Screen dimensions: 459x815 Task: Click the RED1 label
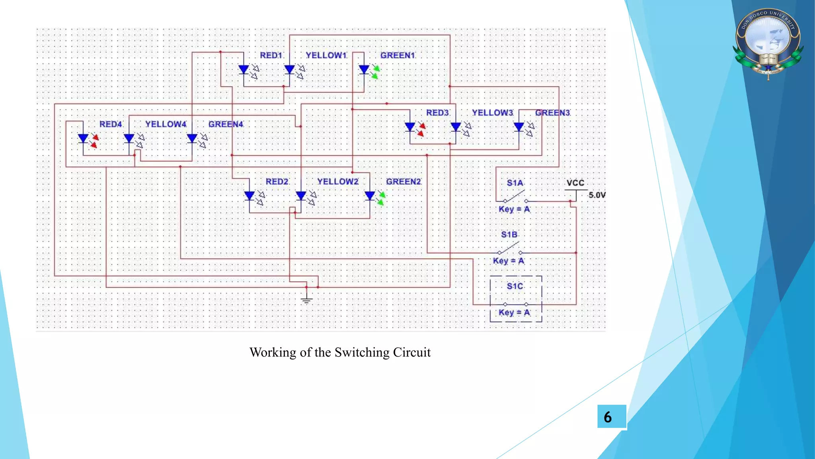point(271,55)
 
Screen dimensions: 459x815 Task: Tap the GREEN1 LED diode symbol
point(364,70)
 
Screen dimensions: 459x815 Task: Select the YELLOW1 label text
point(326,55)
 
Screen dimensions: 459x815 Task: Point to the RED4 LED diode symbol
point(83,139)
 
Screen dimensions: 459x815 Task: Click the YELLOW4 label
point(166,124)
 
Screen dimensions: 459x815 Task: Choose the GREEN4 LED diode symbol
point(192,138)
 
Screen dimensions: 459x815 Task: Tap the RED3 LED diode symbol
point(410,127)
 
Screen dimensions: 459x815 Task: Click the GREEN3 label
point(553,113)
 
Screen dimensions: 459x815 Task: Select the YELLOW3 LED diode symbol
point(456,127)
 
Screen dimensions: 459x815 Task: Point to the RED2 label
point(277,182)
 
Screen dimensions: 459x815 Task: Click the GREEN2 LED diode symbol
point(370,196)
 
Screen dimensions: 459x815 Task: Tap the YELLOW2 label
point(337,182)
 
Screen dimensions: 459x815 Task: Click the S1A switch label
point(515,183)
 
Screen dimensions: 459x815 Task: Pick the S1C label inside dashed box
point(515,286)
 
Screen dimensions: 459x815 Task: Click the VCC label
point(575,183)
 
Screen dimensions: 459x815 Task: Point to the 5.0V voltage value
point(597,195)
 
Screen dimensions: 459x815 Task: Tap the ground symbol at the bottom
point(306,299)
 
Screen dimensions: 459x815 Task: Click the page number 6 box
point(611,417)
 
